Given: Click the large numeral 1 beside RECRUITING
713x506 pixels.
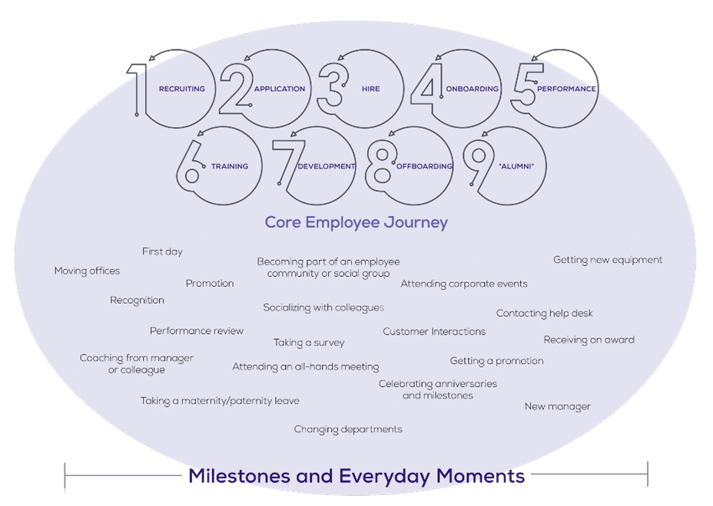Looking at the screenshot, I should (x=138, y=89).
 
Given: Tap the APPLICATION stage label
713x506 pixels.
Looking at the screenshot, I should (x=279, y=89).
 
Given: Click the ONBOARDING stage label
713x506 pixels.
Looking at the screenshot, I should (x=472, y=89).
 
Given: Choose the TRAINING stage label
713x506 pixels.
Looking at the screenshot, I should (x=230, y=166).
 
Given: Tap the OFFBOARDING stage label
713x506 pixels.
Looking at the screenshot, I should (x=425, y=166).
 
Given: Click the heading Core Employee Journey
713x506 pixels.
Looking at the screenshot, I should (x=356, y=222).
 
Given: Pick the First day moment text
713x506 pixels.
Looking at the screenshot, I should (x=162, y=251).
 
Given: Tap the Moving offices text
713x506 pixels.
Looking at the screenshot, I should (x=87, y=271).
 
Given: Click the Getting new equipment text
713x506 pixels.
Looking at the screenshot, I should (x=608, y=260).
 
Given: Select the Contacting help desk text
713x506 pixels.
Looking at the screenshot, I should (x=544, y=313).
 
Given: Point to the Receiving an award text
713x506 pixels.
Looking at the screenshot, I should (x=589, y=340).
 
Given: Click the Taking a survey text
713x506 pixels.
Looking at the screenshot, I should (x=309, y=342).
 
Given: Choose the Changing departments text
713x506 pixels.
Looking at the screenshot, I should (x=348, y=429).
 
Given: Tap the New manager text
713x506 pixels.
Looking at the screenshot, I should (x=557, y=406).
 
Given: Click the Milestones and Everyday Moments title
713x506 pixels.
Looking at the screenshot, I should (x=356, y=476).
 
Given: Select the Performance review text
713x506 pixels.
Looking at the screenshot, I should (x=196, y=331).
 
